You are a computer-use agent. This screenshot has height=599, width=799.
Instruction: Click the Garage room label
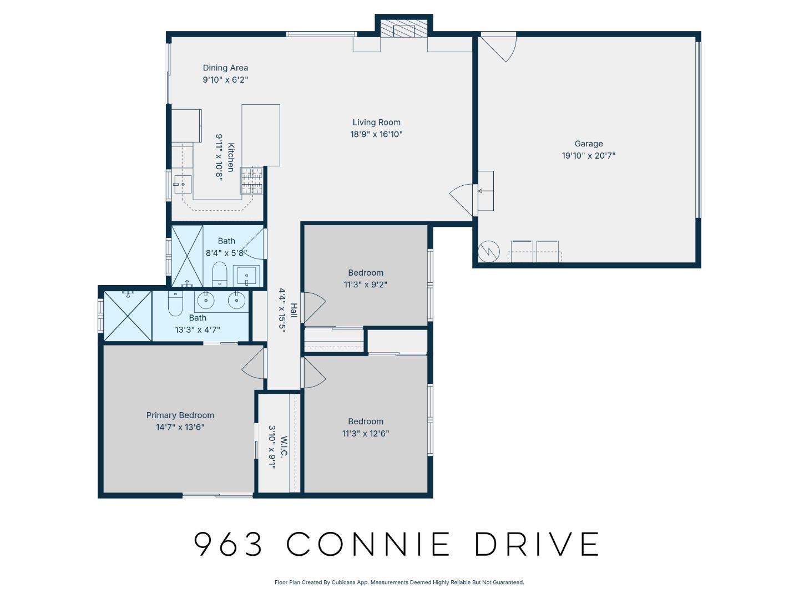tap(588, 144)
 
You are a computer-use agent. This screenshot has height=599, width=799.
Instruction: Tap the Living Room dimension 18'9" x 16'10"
tap(376, 134)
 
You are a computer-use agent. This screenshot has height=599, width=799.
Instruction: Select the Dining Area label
tap(225, 68)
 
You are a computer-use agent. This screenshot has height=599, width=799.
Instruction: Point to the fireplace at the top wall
tap(404, 30)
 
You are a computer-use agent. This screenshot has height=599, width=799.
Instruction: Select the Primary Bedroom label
tap(180, 415)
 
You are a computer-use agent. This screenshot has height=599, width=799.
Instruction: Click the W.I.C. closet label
tap(284, 447)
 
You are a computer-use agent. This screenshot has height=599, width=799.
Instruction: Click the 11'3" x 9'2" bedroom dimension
tap(365, 285)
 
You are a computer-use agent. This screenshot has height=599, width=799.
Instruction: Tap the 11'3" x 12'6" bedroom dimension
tap(365, 433)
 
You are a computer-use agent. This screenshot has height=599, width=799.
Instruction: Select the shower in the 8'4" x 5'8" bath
tap(187, 255)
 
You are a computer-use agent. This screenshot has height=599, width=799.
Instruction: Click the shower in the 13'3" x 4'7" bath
tap(128, 315)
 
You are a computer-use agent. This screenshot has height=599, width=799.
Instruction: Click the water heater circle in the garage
tap(489, 251)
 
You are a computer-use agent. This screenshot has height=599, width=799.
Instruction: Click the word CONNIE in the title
tap(368, 544)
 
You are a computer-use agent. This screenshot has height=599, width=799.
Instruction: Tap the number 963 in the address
tap(229, 544)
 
